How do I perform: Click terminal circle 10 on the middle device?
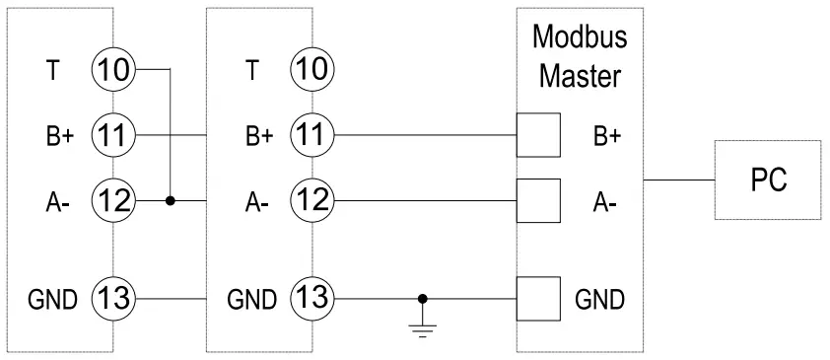(x=311, y=70)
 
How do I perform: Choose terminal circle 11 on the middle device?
(x=311, y=135)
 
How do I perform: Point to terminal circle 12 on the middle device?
(x=311, y=200)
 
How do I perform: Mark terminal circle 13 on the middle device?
(x=311, y=297)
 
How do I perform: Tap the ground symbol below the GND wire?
(x=424, y=325)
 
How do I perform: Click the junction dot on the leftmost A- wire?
(x=172, y=200)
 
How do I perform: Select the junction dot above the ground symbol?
(x=424, y=297)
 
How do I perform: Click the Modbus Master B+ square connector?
(x=538, y=135)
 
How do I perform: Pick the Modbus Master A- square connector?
(x=538, y=200)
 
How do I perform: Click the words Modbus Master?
(x=579, y=55)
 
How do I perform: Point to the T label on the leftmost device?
(x=53, y=70)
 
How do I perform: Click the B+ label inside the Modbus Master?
(x=606, y=136)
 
